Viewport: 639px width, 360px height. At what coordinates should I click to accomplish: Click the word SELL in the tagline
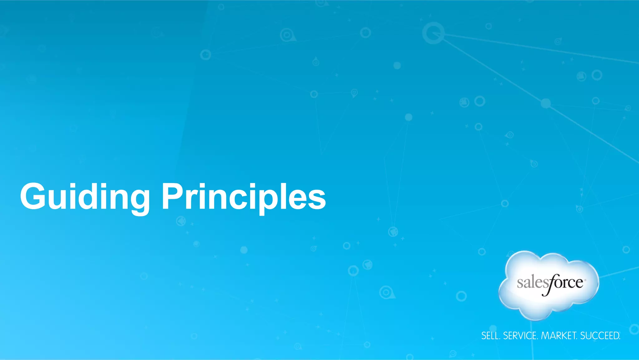tap(490, 336)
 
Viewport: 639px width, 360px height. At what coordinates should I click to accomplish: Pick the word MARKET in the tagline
tap(559, 336)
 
